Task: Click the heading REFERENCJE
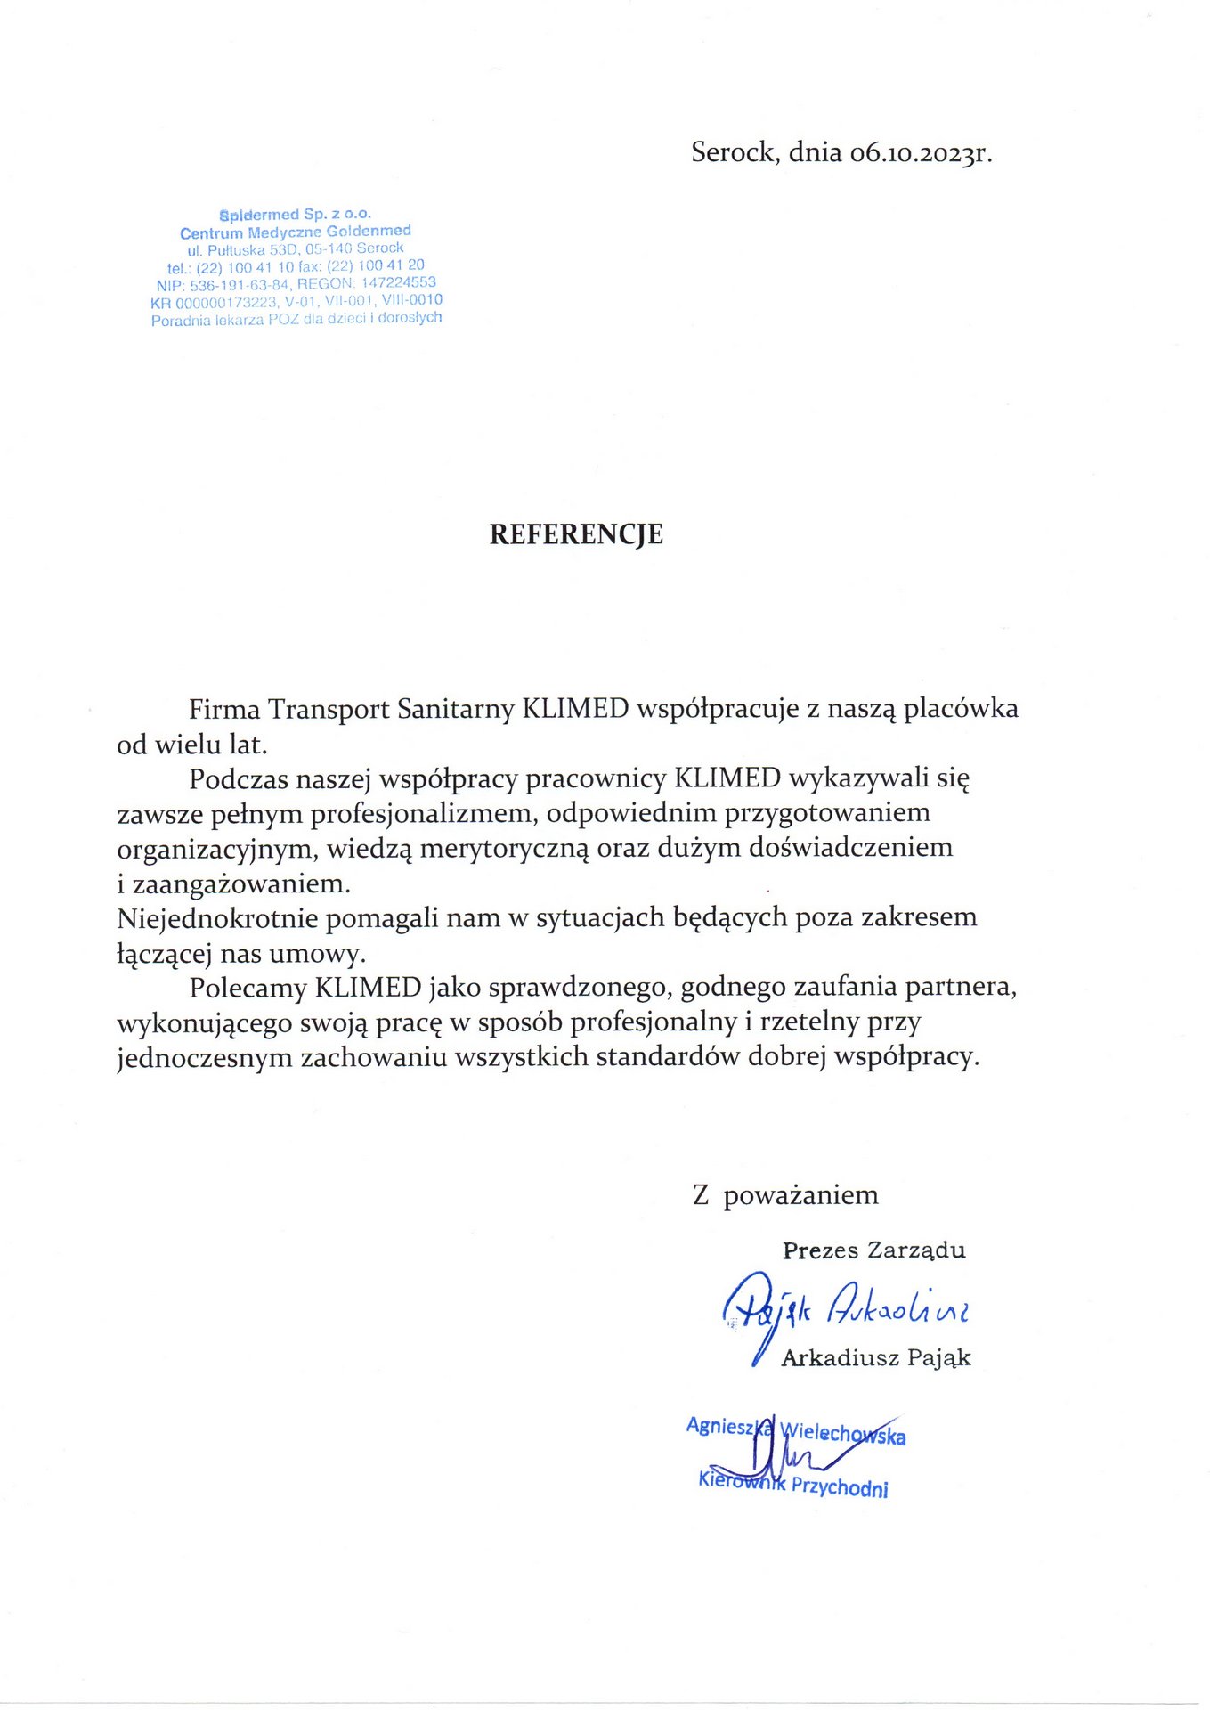(576, 534)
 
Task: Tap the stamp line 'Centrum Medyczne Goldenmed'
(295, 232)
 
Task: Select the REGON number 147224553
(398, 282)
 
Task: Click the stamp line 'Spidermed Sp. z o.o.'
(295, 215)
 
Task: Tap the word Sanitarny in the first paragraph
(455, 709)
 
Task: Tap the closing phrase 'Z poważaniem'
(785, 1195)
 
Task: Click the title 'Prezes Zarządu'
(873, 1250)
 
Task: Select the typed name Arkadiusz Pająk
(875, 1358)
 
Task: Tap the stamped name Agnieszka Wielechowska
(795, 1430)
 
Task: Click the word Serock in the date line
(733, 152)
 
